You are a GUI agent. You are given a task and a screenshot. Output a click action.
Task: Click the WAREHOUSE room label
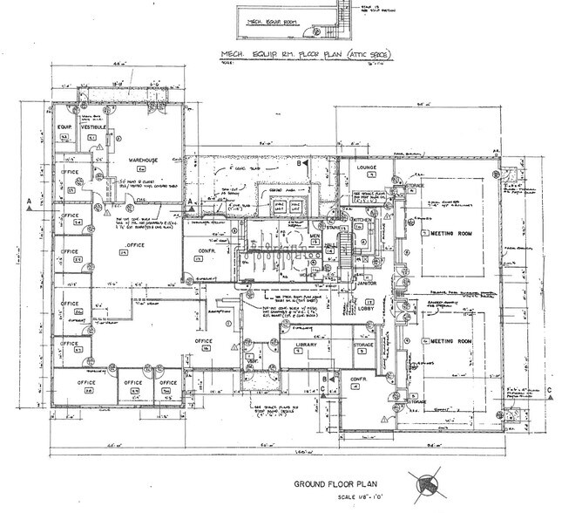(137, 161)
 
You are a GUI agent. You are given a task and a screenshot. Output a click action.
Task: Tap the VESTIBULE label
(92, 127)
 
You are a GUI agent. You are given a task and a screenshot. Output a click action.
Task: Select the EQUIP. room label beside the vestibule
(64, 127)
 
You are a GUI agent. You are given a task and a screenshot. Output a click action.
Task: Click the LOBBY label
(367, 308)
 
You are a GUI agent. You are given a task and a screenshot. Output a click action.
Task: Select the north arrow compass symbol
(426, 483)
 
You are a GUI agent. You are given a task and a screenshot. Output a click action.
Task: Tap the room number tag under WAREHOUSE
(137, 171)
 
